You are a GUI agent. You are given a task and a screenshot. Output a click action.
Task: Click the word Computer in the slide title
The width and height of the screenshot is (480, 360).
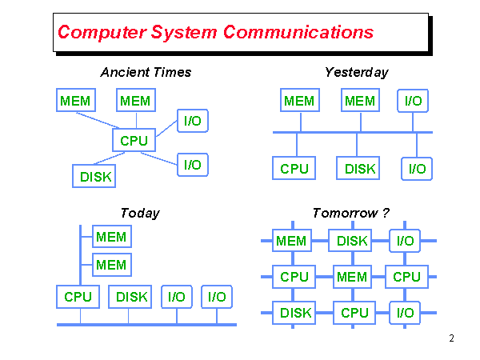click(98, 33)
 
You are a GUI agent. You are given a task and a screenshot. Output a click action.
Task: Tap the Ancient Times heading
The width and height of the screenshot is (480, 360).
click(146, 72)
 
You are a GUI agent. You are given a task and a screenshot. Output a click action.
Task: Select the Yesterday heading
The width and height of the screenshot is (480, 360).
click(356, 72)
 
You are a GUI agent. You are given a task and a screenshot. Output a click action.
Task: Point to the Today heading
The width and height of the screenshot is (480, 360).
click(140, 213)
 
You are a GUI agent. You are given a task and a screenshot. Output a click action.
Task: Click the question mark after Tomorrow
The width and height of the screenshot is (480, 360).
click(386, 213)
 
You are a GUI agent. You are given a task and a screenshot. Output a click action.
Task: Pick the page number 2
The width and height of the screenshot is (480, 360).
click(451, 338)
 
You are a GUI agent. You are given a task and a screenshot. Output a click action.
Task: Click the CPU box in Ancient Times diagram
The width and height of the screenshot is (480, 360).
click(134, 141)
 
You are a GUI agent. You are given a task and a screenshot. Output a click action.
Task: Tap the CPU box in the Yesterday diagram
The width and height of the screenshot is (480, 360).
click(294, 169)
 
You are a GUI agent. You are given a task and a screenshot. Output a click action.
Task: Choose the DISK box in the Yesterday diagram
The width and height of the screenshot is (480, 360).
click(360, 169)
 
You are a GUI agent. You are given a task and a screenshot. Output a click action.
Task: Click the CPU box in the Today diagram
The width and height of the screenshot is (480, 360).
click(78, 297)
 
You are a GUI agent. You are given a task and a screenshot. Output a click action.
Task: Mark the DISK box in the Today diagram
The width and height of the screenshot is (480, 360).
click(131, 297)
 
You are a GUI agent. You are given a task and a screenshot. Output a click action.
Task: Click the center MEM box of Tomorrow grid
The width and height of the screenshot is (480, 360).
click(352, 277)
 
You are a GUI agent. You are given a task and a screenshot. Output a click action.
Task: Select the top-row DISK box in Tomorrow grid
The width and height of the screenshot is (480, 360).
click(352, 241)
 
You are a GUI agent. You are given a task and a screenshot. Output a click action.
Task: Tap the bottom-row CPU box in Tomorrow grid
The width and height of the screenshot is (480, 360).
click(354, 313)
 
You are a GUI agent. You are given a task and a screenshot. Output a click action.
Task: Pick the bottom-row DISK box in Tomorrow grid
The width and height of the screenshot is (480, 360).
click(295, 313)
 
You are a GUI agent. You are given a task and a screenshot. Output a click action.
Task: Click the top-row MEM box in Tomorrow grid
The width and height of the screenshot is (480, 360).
click(291, 241)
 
